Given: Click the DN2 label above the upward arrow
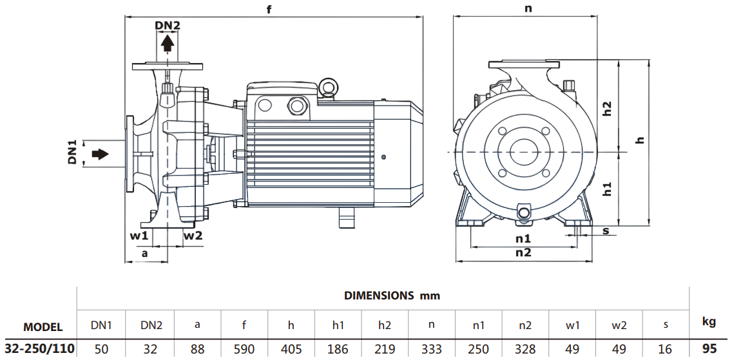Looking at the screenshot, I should coord(168,26).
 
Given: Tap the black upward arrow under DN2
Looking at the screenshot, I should coord(168,43).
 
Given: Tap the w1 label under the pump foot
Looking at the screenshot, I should coord(139,236).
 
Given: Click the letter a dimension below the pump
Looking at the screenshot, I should coord(145,254).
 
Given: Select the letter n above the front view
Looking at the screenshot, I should coord(528,9).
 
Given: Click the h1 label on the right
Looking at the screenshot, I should coord(606,189).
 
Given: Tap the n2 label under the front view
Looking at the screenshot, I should coord(523,253).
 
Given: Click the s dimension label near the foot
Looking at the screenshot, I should coord(606,231).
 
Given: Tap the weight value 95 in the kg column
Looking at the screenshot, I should coord(709,349).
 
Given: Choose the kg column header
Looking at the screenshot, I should coord(709,321).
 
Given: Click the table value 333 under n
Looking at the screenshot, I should coord(432,349).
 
